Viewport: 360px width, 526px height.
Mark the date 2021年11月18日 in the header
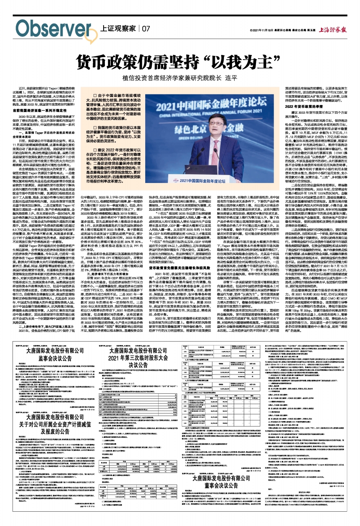click(262, 30)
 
